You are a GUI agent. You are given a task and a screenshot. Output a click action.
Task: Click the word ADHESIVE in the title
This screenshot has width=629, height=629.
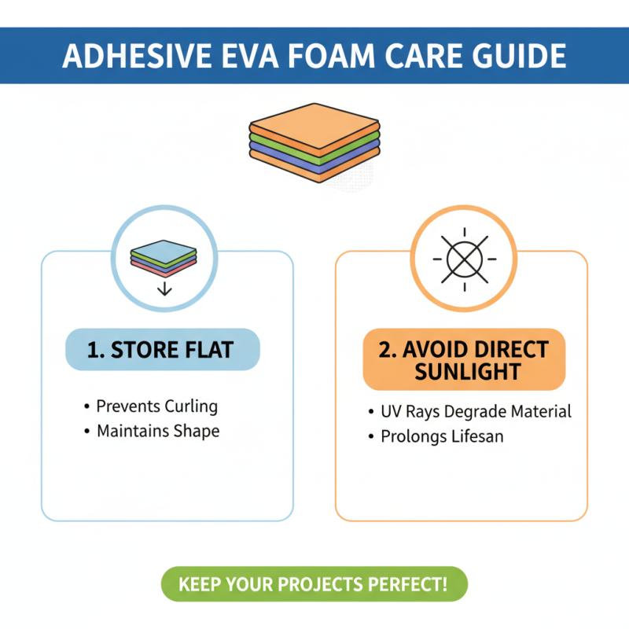click(128, 56)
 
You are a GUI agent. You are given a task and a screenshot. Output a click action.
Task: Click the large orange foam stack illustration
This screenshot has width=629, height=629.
click(314, 142)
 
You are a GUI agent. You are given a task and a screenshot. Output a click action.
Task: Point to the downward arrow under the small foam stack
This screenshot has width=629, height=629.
click(164, 289)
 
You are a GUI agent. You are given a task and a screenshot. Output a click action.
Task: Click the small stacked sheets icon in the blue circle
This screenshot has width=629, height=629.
click(164, 258)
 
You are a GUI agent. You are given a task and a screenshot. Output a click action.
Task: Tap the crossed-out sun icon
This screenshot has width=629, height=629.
click(463, 258)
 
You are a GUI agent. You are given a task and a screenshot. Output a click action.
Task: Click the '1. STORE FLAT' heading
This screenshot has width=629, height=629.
click(160, 350)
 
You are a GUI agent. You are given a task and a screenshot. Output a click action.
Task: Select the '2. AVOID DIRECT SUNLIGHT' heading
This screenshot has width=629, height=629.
click(463, 359)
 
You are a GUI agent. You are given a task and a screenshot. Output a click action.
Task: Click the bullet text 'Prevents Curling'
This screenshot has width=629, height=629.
click(156, 406)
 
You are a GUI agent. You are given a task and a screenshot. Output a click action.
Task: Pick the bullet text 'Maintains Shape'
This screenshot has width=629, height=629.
click(157, 431)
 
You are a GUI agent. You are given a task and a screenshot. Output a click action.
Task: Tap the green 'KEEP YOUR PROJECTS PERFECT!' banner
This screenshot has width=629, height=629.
click(314, 584)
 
